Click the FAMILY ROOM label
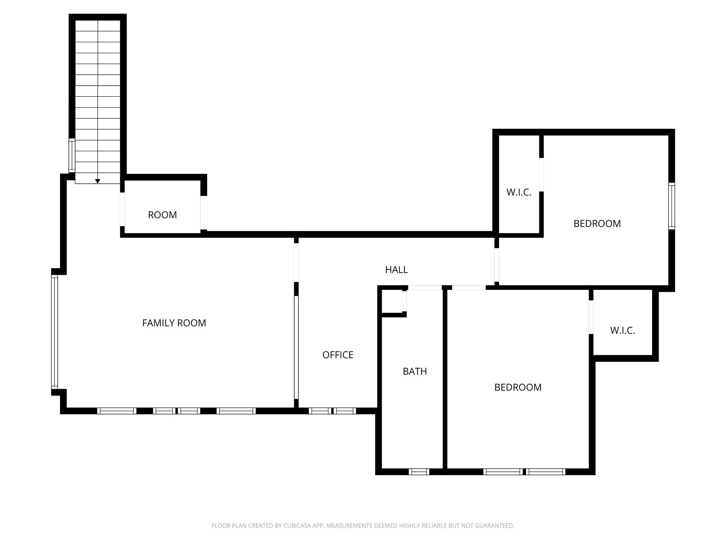[x=174, y=323]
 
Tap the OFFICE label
[x=337, y=355]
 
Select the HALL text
[x=396, y=270]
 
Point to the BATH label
[x=415, y=372]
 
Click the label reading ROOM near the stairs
[x=162, y=215]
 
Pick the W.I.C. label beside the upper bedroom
[x=519, y=192]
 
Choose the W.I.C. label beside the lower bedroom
[x=622, y=330]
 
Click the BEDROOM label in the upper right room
[x=597, y=224]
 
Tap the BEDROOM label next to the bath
[x=518, y=387]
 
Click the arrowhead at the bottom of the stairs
[x=98, y=181]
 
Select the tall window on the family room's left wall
[x=55, y=331]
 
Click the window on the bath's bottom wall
[x=419, y=472]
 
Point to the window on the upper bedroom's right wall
[x=671, y=206]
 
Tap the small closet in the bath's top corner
[x=391, y=301]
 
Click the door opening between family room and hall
[x=296, y=262]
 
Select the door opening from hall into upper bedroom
[x=497, y=265]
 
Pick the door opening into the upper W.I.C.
[x=541, y=175]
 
